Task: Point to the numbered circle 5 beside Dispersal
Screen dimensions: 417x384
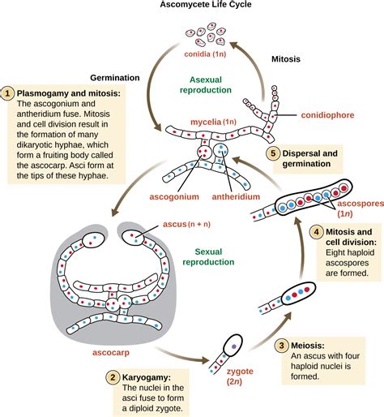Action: click(274, 154)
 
